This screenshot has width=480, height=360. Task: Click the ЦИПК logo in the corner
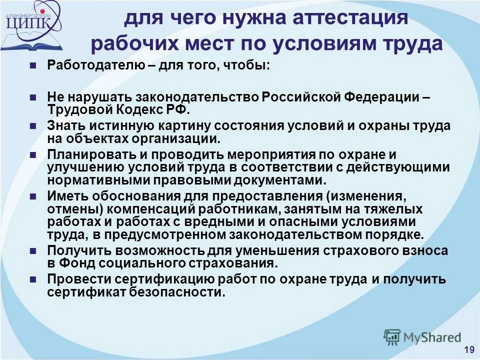pos(31,24)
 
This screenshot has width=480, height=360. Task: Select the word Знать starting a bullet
pos(63,125)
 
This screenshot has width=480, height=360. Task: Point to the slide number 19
pos(468,349)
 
